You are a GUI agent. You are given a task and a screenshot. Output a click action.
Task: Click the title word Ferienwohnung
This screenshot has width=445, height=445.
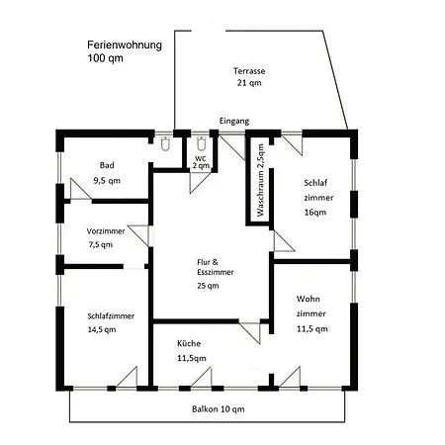point(125,45)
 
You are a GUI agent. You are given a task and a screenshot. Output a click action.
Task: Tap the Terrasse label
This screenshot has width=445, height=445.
point(249,71)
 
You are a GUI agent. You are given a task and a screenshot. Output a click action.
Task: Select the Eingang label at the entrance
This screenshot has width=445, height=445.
point(234,122)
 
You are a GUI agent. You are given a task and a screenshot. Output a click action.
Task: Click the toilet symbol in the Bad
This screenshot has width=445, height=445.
point(165,143)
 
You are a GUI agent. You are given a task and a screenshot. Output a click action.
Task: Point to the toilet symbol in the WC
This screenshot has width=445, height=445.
point(201,143)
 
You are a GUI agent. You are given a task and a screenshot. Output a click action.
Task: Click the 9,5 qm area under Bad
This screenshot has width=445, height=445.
point(107,181)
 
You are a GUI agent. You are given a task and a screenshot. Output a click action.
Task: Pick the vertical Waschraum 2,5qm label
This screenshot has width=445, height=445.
point(260,180)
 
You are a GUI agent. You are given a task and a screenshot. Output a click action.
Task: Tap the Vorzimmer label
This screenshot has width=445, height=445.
point(106,231)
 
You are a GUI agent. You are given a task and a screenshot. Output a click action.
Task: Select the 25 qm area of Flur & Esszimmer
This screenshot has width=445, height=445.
point(208,286)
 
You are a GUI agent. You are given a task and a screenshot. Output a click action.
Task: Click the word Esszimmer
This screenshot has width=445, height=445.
point(216,272)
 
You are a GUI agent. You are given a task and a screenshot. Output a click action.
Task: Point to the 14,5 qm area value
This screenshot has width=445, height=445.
point(102,329)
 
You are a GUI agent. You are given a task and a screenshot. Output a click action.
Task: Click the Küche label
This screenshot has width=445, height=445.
point(189,343)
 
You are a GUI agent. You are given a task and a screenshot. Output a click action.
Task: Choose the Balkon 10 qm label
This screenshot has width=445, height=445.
point(219,409)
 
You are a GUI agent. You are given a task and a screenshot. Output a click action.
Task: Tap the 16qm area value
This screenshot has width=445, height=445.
point(315,213)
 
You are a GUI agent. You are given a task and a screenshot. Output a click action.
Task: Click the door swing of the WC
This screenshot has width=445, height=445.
point(200,182)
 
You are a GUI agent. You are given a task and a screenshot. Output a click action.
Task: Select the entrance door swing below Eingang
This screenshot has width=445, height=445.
point(232,147)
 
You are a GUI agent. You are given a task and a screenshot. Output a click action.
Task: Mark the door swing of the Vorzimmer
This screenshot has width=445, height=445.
point(138,235)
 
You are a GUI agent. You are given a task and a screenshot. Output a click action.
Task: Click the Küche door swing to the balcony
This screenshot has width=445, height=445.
point(202,377)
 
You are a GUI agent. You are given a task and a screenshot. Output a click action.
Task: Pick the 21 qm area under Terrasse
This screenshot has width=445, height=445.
point(249,83)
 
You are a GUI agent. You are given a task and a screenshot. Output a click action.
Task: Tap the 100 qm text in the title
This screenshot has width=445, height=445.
point(105,58)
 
